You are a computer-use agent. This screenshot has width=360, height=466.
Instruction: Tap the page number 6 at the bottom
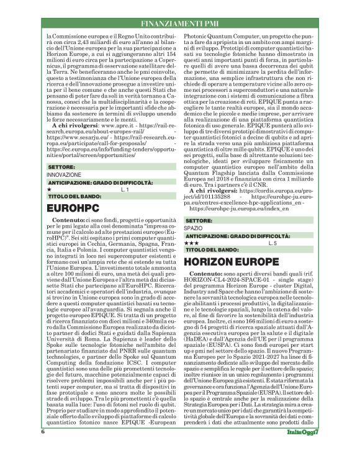click(43, 447)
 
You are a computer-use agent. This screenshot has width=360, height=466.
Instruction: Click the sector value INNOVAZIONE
click(64, 158)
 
